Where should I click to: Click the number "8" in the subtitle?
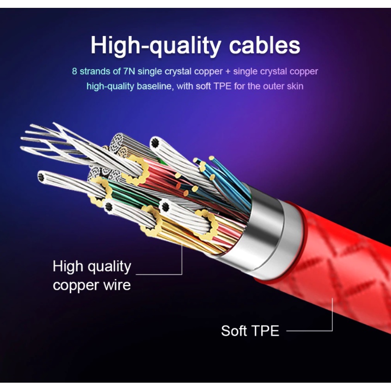point(75,72)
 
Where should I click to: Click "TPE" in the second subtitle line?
point(223,86)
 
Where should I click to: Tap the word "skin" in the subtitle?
point(295,86)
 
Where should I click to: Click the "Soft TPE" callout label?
point(250,331)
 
